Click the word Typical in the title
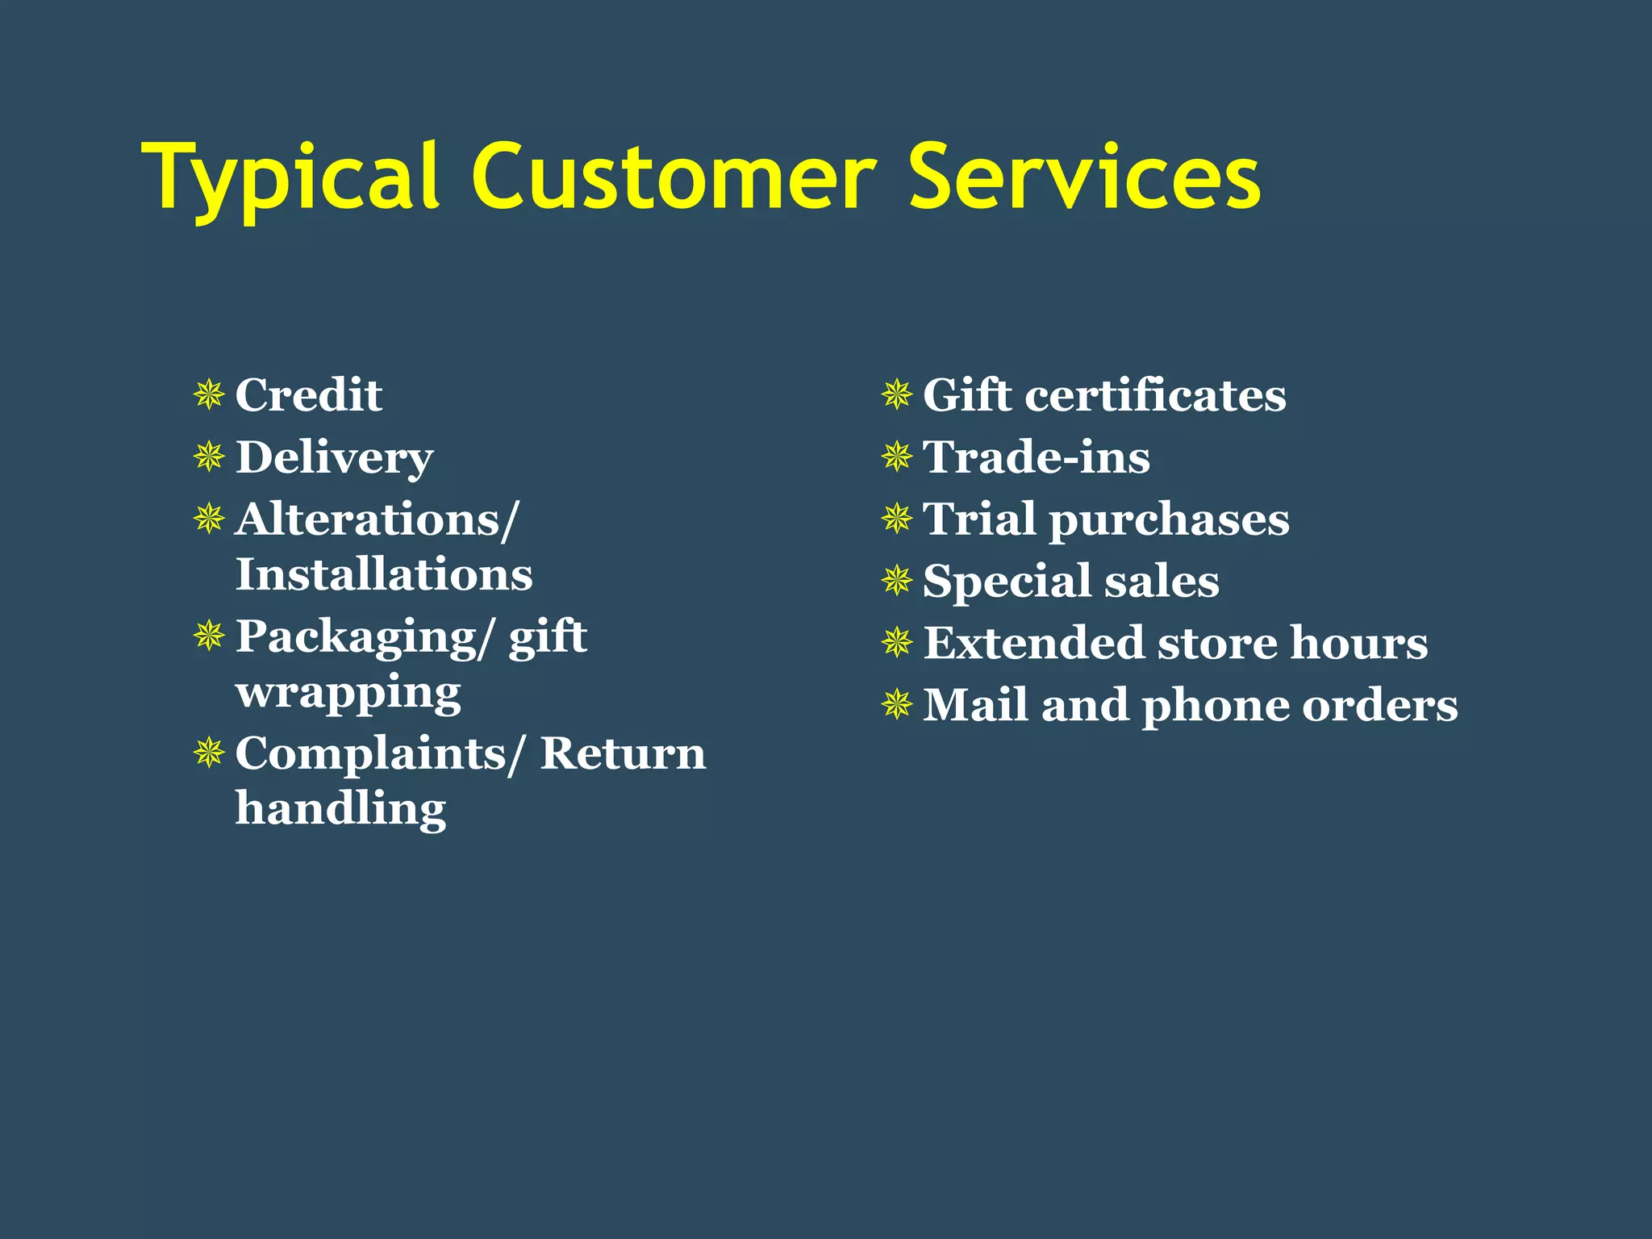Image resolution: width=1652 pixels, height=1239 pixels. (x=290, y=177)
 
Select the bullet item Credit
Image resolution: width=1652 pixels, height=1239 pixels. (x=308, y=395)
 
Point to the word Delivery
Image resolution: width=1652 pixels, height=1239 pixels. (x=334, y=458)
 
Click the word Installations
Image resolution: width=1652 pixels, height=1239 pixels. (x=384, y=574)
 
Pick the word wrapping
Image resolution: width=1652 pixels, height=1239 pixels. (x=348, y=692)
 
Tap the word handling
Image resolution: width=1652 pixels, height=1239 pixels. (x=340, y=808)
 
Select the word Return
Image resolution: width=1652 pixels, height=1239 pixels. (x=623, y=753)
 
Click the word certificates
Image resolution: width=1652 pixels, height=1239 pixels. (x=1155, y=395)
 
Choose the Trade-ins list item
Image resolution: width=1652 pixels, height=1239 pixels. (x=1036, y=457)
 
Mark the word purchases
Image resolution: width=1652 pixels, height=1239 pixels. (x=1169, y=519)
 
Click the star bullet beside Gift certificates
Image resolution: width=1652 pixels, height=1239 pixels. (x=896, y=395)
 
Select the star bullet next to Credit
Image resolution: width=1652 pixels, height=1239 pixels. (x=209, y=395)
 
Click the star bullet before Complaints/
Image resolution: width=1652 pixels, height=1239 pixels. (x=209, y=753)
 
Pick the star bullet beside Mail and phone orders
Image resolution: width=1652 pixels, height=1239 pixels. (x=896, y=705)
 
